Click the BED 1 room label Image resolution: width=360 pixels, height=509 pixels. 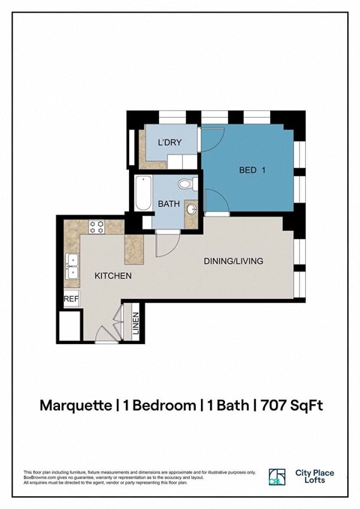253,170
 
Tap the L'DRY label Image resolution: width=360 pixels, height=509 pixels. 167,142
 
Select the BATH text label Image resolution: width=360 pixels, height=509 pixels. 167,204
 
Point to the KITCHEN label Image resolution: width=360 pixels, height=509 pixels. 113,276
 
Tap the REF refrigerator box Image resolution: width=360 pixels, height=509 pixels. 71,298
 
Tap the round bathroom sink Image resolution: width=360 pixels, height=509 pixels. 191,210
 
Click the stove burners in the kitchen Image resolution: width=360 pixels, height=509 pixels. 97,225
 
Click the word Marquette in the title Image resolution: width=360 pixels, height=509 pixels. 76,406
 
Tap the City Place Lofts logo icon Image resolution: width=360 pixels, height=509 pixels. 277,477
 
